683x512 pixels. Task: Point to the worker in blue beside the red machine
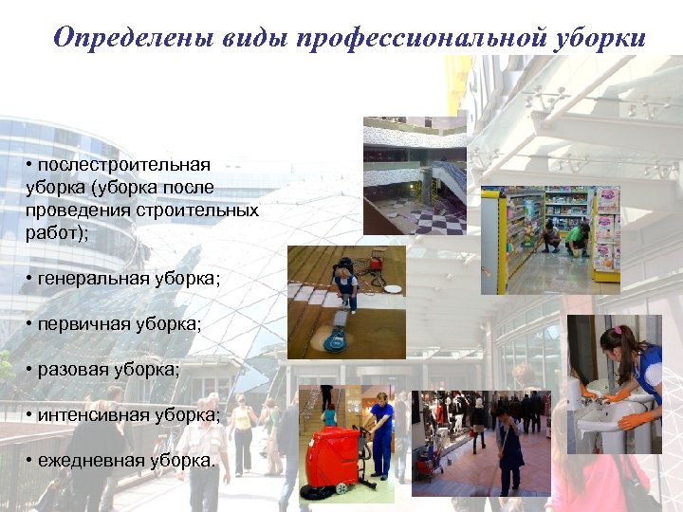380,436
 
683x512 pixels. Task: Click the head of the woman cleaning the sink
616,339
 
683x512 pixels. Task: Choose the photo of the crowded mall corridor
481,442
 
